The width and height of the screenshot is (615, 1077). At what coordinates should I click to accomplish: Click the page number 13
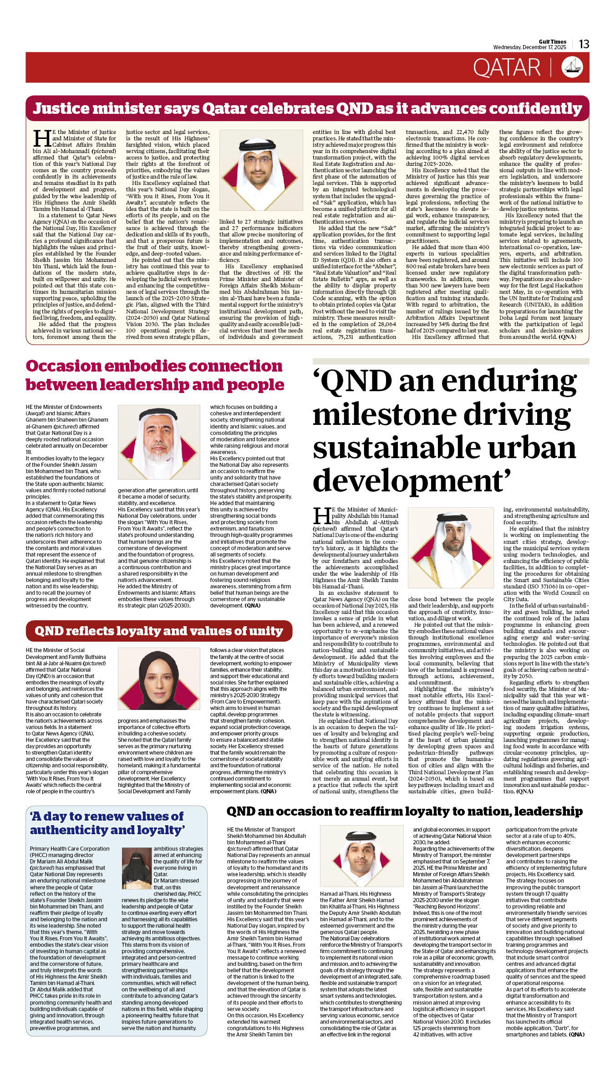(584, 44)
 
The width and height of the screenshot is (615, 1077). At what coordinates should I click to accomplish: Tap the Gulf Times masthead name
(552, 41)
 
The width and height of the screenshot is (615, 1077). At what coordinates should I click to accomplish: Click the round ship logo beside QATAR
(572, 67)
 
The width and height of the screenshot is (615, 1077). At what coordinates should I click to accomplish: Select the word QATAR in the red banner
(506, 68)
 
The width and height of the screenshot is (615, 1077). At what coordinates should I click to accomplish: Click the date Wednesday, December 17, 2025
(529, 47)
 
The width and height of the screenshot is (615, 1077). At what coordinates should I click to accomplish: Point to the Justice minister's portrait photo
(261, 170)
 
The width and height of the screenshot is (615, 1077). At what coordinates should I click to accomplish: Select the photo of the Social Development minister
(159, 681)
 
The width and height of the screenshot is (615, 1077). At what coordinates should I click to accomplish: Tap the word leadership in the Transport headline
(548, 811)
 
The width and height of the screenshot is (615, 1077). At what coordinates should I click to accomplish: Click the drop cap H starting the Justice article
(42, 138)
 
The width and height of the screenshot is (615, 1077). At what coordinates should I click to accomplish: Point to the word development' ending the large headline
(412, 481)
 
